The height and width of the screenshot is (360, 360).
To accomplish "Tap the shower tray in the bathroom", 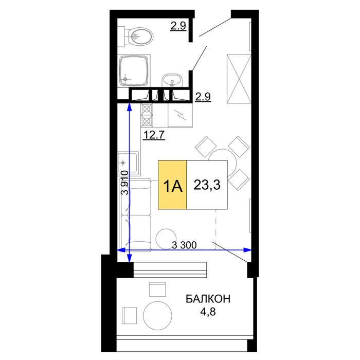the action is [134, 71].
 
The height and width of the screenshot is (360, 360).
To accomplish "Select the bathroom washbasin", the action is [172, 80].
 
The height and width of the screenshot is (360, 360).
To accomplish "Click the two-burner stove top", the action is [147, 115].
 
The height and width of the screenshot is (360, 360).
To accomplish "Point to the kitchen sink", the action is [128, 163].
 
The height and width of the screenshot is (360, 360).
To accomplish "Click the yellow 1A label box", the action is [172, 185].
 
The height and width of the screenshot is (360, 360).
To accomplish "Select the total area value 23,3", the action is [207, 185].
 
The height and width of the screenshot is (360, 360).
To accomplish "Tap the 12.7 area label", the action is [154, 135].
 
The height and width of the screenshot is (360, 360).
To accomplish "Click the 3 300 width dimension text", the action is [184, 245].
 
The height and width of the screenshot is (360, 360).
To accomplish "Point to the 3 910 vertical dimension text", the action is [125, 183].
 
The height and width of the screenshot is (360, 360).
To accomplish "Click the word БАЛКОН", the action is [208, 299].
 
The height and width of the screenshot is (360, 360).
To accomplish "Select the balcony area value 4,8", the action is [208, 312].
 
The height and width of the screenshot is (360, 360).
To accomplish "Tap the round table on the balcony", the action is [157, 315].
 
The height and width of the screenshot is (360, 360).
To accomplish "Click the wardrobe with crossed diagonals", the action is [239, 79].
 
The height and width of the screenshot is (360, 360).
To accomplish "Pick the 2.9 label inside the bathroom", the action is [178, 26].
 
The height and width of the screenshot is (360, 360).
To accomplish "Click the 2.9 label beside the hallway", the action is [203, 97].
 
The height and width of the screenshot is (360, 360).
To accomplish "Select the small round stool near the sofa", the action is [166, 239].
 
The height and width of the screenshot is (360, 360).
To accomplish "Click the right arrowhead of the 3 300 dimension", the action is [248, 250].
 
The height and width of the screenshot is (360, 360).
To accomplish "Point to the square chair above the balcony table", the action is [157, 289].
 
